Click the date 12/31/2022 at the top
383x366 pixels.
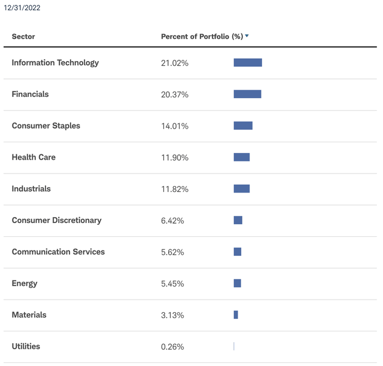pyautogui.click(x=22, y=8)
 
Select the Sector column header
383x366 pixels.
pyautogui.click(x=23, y=36)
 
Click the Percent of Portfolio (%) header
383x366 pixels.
pyautogui.click(x=202, y=36)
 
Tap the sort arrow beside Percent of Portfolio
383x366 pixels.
pyautogui.click(x=247, y=36)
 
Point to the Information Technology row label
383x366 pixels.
pyautogui.click(x=55, y=63)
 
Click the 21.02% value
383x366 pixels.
pyautogui.click(x=175, y=63)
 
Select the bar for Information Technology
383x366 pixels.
pyautogui.click(x=248, y=63)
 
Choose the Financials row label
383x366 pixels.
pyautogui.click(x=30, y=94)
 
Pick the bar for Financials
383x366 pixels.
pyautogui.click(x=247, y=94)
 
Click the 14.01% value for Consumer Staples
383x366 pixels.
pyautogui.click(x=175, y=126)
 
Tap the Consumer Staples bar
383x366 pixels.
pyautogui.click(x=243, y=126)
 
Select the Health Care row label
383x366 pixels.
pyautogui.click(x=34, y=157)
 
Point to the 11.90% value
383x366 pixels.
pyautogui.click(x=175, y=158)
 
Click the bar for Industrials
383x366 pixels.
pyautogui.click(x=241, y=189)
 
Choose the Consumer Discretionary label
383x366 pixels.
pyautogui.click(x=56, y=221)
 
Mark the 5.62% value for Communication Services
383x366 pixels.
pyautogui.click(x=172, y=252)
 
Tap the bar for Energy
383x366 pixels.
pyautogui.click(x=237, y=283)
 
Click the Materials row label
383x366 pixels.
pyautogui.click(x=29, y=315)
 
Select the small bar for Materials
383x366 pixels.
pyautogui.click(x=236, y=315)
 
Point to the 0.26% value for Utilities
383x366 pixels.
pyautogui.click(x=172, y=347)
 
